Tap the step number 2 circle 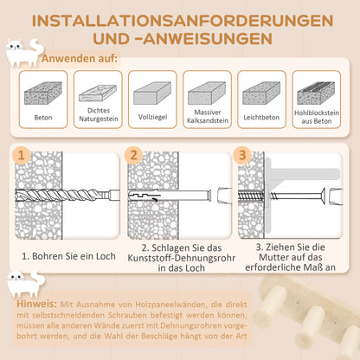tap(132, 155)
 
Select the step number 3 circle tap(241, 155)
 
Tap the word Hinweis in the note tap(35, 305)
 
